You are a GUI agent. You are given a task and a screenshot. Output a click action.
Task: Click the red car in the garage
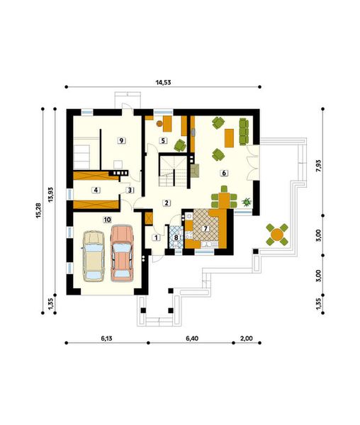click(122, 252)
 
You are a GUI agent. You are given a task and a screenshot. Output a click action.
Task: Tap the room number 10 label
click(107, 220)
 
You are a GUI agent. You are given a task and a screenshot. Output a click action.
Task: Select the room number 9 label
click(122, 140)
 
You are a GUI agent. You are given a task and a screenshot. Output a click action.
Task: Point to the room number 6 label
click(223, 172)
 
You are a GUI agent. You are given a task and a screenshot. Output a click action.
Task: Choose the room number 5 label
click(163, 141)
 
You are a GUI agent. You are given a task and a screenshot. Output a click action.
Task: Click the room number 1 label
click(156, 237)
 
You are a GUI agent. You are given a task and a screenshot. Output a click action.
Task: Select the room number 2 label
click(166, 203)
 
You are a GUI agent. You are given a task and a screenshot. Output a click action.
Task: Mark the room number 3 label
click(130, 190)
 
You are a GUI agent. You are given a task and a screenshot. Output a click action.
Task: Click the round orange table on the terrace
click(276, 234)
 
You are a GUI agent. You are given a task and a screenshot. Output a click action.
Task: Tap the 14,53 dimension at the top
click(163, 81)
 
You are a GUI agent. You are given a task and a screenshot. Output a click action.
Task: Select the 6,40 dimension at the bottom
click(191, 339)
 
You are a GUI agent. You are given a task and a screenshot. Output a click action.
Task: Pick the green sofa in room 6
click(244, 130)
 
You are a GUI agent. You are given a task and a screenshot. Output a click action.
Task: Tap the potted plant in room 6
click(247, 201)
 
